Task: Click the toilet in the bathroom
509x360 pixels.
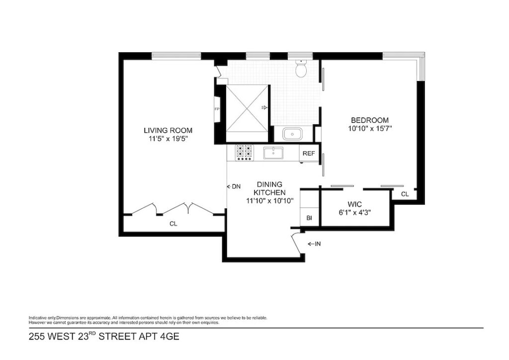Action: click(301, 69)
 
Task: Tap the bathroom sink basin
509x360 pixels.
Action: click(292, 134)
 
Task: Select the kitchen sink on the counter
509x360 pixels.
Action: click(273, 153)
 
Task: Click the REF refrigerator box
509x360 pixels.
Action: click(309, 153)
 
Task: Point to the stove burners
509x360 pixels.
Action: click(244, 153)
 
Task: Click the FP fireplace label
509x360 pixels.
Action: click(217, 109)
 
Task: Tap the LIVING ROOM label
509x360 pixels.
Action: click(168, 130)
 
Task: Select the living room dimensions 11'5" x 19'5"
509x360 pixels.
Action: click(168, 139)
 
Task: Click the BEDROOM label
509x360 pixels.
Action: click(370, 120)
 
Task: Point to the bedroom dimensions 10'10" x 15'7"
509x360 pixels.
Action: click(370, 129)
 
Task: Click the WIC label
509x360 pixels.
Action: click(354, 204)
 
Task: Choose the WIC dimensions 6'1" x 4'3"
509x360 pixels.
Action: click(354, 213)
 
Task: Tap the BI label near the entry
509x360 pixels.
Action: click(309, 218)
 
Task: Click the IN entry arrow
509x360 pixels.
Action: click(314, 244)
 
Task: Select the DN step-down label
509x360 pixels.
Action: click(234, 186)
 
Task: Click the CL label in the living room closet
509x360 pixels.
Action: click(173, 224)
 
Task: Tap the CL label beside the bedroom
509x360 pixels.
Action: click(405, 194)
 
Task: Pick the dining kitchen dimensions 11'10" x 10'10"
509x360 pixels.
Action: click(270, 201)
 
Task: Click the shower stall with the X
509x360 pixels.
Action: click(248, 108)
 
